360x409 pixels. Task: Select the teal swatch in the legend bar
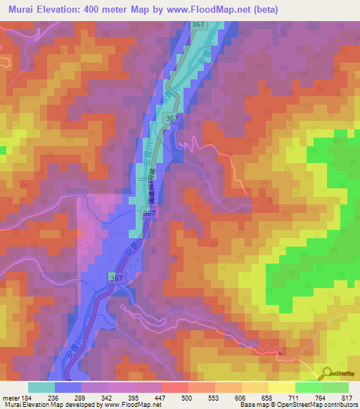pyautogui.click(x=41, y=387)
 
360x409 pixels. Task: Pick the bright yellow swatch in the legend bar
pyautogui.click(x=281, y=387)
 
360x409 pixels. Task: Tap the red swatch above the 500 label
pyautogui.click(x=174, y=387)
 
